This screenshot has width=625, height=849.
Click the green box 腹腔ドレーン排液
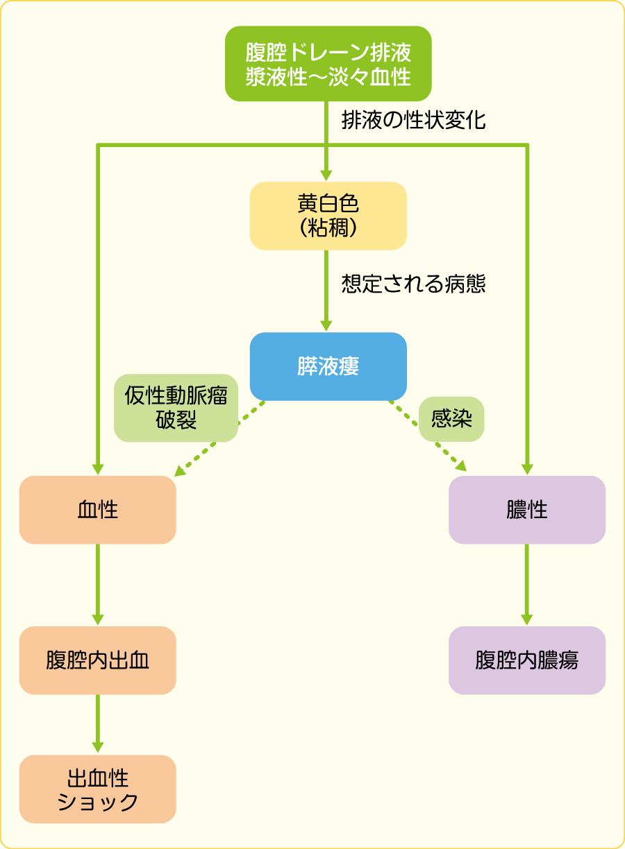pyautogui.click(x=328, y=64)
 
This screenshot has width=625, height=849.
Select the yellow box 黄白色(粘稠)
pyautogui.click(x=328, y=216)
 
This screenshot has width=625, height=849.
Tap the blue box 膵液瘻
pyautogui.click(x=328, y=366)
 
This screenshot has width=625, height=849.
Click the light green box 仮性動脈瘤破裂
pyautogui.click(x=176, y=408)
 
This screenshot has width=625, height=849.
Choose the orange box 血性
pyautogui.click(x=98, y=510)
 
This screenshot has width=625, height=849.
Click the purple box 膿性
pyautogui.click(x=527, y=510)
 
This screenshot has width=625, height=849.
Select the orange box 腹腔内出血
pyautogui.click(x=98, y=660)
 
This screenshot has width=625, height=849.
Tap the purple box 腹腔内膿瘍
pyautogui.click(x=527, y=660)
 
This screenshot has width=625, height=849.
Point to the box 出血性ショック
pyautogui.click(x=98, y=789)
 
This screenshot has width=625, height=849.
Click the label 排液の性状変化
pyautogui.click(x=413, y=121)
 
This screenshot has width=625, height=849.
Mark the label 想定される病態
pyautogui.click(x=413, y=284)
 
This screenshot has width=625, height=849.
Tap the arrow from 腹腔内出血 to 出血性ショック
pyautogui.click(x=98, y=723)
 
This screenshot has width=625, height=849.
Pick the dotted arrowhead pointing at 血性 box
pyautogui.click(x=180, y=471)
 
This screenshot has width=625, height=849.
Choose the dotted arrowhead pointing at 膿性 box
pyautogui.click(x=460, y=467)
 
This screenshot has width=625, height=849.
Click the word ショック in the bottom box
pyautogui.click(x=98, y=803)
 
